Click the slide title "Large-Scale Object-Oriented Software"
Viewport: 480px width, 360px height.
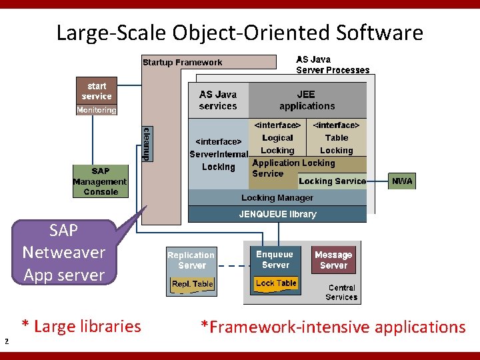[239, 32]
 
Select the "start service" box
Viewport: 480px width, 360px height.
[97, 91]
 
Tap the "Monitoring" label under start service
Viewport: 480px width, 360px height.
[97, 110]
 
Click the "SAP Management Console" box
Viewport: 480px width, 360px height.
[100, 181]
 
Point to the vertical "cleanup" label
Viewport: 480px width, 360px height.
[147, 143]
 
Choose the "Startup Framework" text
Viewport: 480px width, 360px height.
[182, 63]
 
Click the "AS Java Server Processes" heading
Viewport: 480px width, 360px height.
[332, 65]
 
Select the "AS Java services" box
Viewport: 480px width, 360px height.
[217, 100]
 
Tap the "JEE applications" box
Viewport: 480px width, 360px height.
[307, 100]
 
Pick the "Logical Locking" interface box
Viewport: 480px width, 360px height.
[277, 138]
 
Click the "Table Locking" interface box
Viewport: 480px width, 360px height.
[336, 138]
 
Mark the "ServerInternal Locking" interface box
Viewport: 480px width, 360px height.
[219, 154]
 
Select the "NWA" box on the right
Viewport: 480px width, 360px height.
[402, 181]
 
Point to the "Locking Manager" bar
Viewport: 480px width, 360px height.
[277, 198]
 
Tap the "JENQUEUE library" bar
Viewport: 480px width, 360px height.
[277, 214]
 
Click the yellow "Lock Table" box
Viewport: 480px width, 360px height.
[276, 283]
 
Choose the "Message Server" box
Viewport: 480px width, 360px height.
[333, 260]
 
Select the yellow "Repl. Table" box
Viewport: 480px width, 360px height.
[192, 284]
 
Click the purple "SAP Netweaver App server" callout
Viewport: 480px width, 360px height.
[64, 253]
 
